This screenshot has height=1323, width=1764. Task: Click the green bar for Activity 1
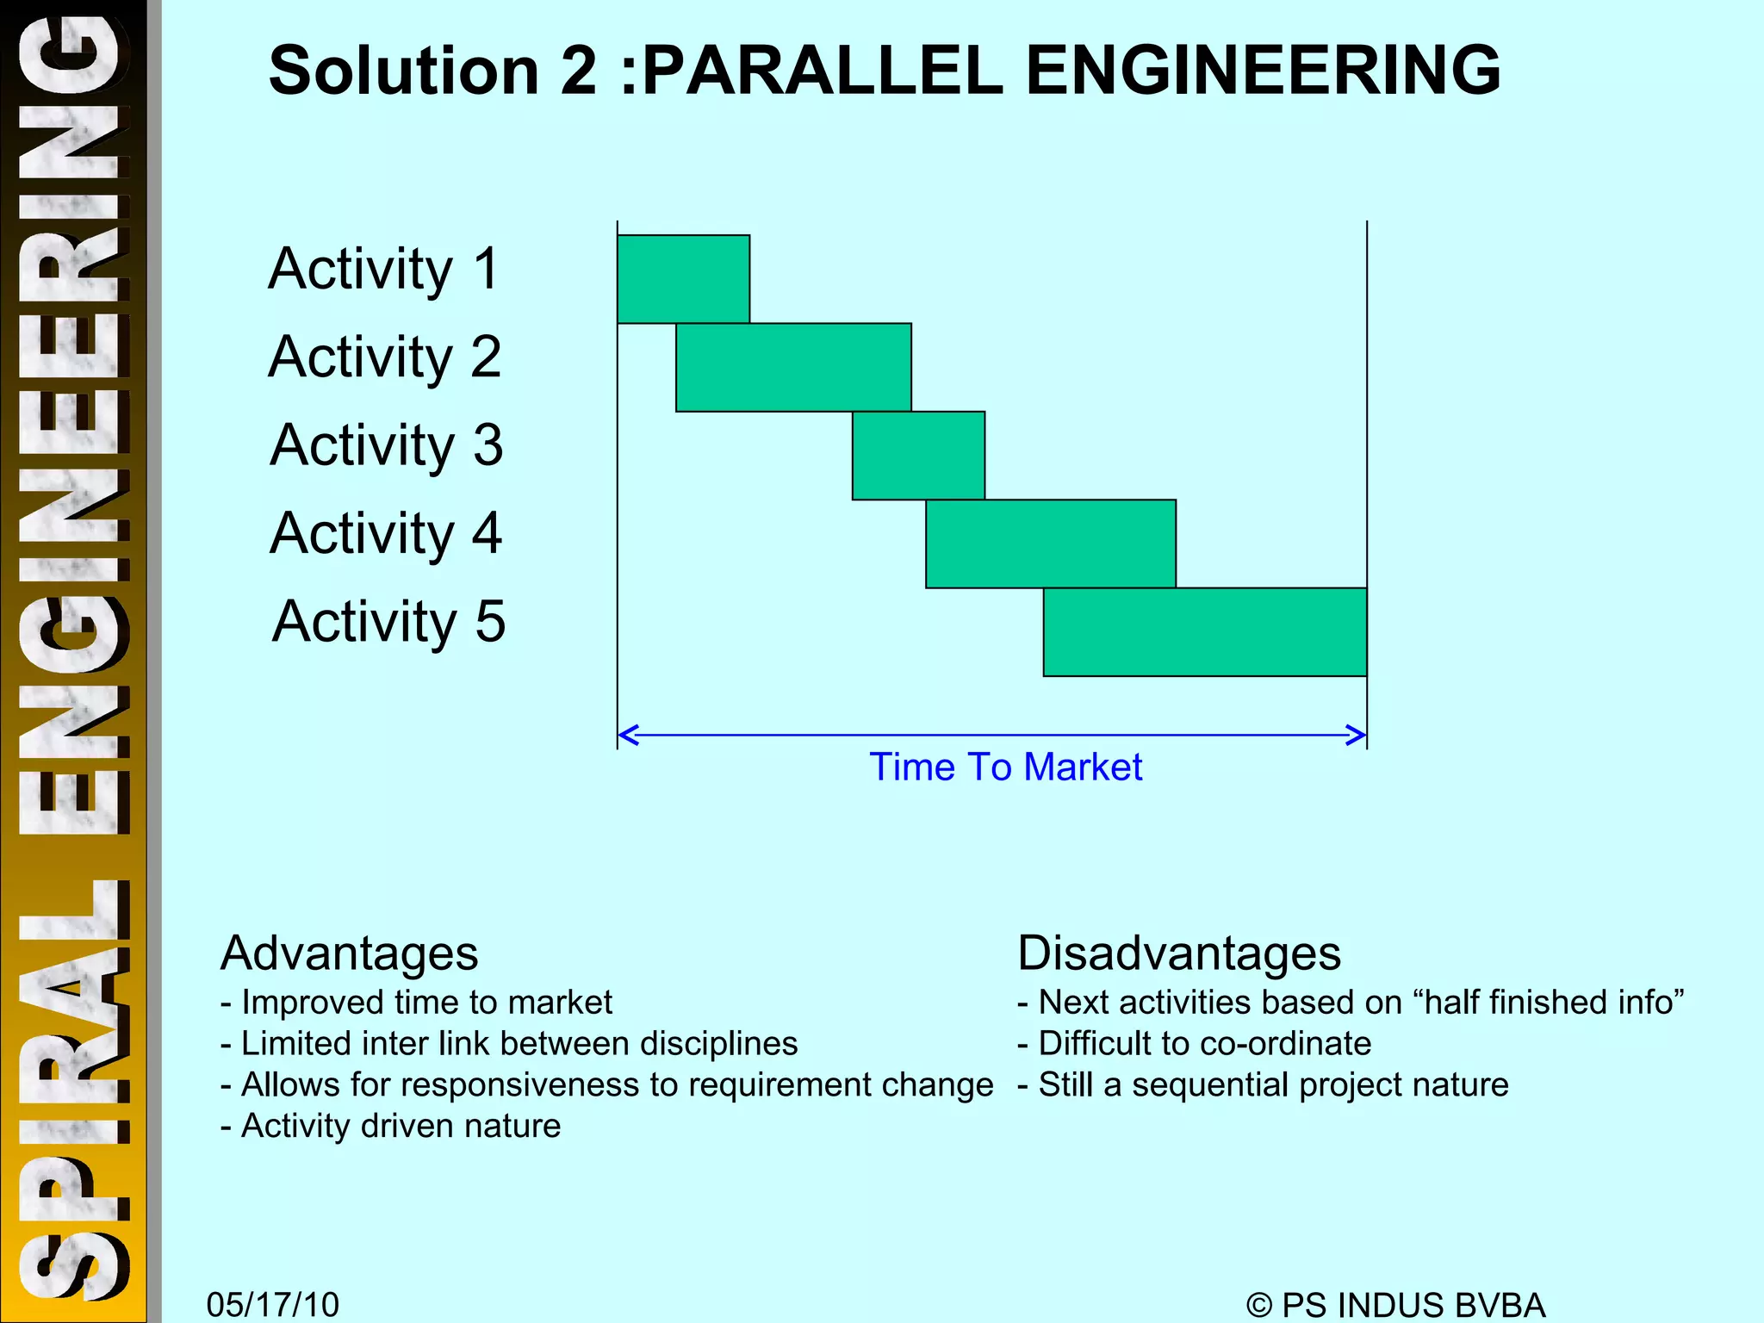(x=683, y=279)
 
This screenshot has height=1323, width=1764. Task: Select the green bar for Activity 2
(x=793, y=368)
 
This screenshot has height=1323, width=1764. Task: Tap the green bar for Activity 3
(x=918, y=456)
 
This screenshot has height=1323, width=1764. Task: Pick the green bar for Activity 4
(x=1051, y=543)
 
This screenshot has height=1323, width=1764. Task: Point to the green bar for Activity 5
(x=1205, y=632)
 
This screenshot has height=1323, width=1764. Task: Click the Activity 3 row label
(x=386, y=445)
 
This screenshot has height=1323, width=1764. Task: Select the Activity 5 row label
(x=388, y=621)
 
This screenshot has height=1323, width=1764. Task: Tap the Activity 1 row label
(x=384, y=269)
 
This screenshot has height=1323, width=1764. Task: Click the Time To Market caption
(x=1005, y=767)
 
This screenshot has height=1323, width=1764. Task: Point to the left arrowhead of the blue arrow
(x=627, y=735)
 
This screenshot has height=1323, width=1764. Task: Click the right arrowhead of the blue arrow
(x=1357, y=735)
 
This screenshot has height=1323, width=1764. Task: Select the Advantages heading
(x=349, y=953)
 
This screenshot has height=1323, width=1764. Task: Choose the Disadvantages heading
(x=1179, y=953)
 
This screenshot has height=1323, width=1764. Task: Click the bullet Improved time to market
(x=417, y=1003)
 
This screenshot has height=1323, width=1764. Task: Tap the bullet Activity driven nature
(x=391, y=1126)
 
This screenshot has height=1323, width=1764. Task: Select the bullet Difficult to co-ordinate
(x=1195, y=1044)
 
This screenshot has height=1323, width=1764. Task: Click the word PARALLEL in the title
(x=823, y=71)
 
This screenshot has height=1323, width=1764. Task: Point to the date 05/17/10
(x=273, y=1304)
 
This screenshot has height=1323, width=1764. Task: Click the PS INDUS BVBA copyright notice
(x=1395, y=1304)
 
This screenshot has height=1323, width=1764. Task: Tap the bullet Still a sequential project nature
(x=1263, y=1085)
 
